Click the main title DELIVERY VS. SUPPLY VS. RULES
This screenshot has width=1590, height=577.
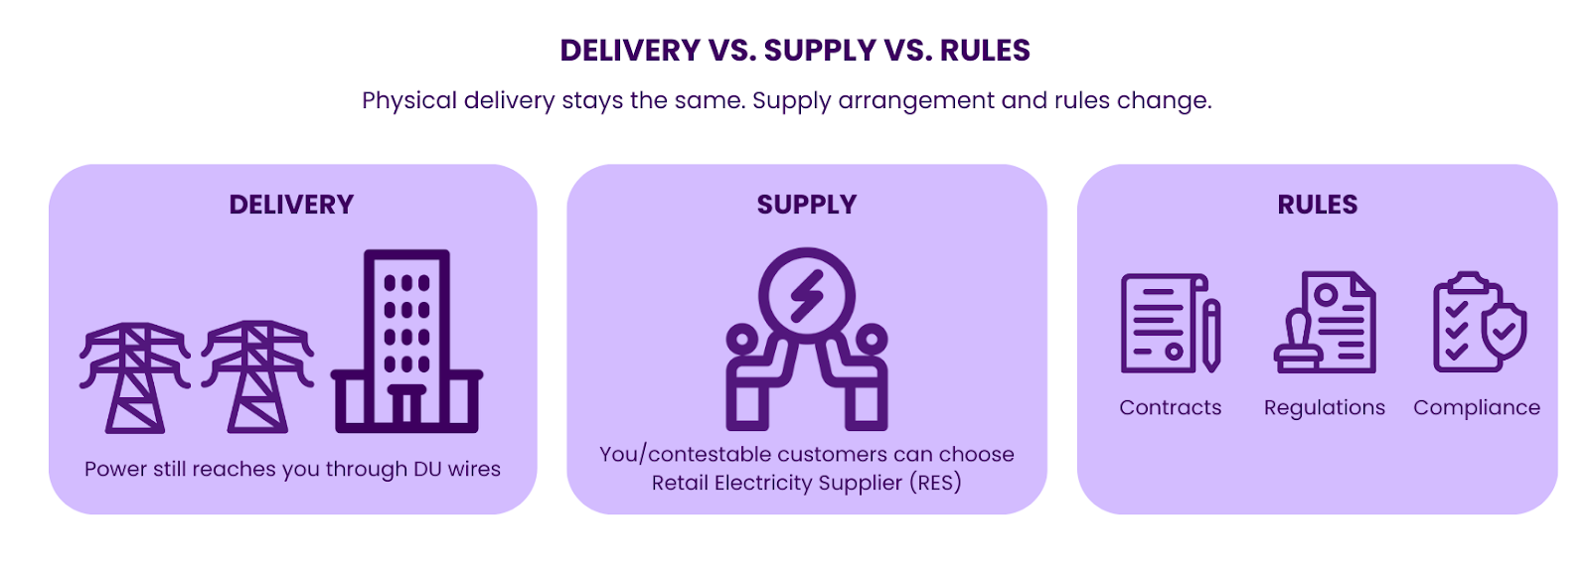pos(795,50)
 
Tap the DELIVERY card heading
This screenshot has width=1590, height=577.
pos(291,205)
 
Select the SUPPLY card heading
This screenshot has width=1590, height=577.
pos(806,205)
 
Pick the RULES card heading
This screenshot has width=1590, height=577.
pos(1317,205)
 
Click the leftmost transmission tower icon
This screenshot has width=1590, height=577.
pos(135,377)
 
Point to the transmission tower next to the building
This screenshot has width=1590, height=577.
pos(257,377)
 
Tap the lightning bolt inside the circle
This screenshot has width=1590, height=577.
pos(806,296)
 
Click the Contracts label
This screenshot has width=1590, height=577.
pos(1170,407)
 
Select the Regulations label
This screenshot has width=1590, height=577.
pos(1324,407)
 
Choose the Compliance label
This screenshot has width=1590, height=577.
pos(1476,407)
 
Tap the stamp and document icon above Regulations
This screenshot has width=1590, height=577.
pos(1326,323)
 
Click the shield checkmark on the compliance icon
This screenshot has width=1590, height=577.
pos(1505,332)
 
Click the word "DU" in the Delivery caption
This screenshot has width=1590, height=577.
pos(427,469)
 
